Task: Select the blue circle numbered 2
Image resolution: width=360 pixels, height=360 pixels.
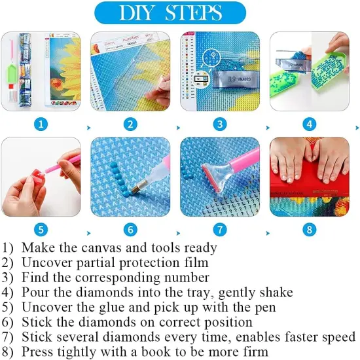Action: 132,124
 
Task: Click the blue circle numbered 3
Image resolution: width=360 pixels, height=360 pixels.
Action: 221,124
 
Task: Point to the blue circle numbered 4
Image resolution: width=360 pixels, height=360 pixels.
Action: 310,124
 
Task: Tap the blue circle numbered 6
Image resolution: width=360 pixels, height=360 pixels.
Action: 132,230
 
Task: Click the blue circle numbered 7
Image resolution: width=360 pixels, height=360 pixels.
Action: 221,230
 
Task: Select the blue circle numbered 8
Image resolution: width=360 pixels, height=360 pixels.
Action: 310,230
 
